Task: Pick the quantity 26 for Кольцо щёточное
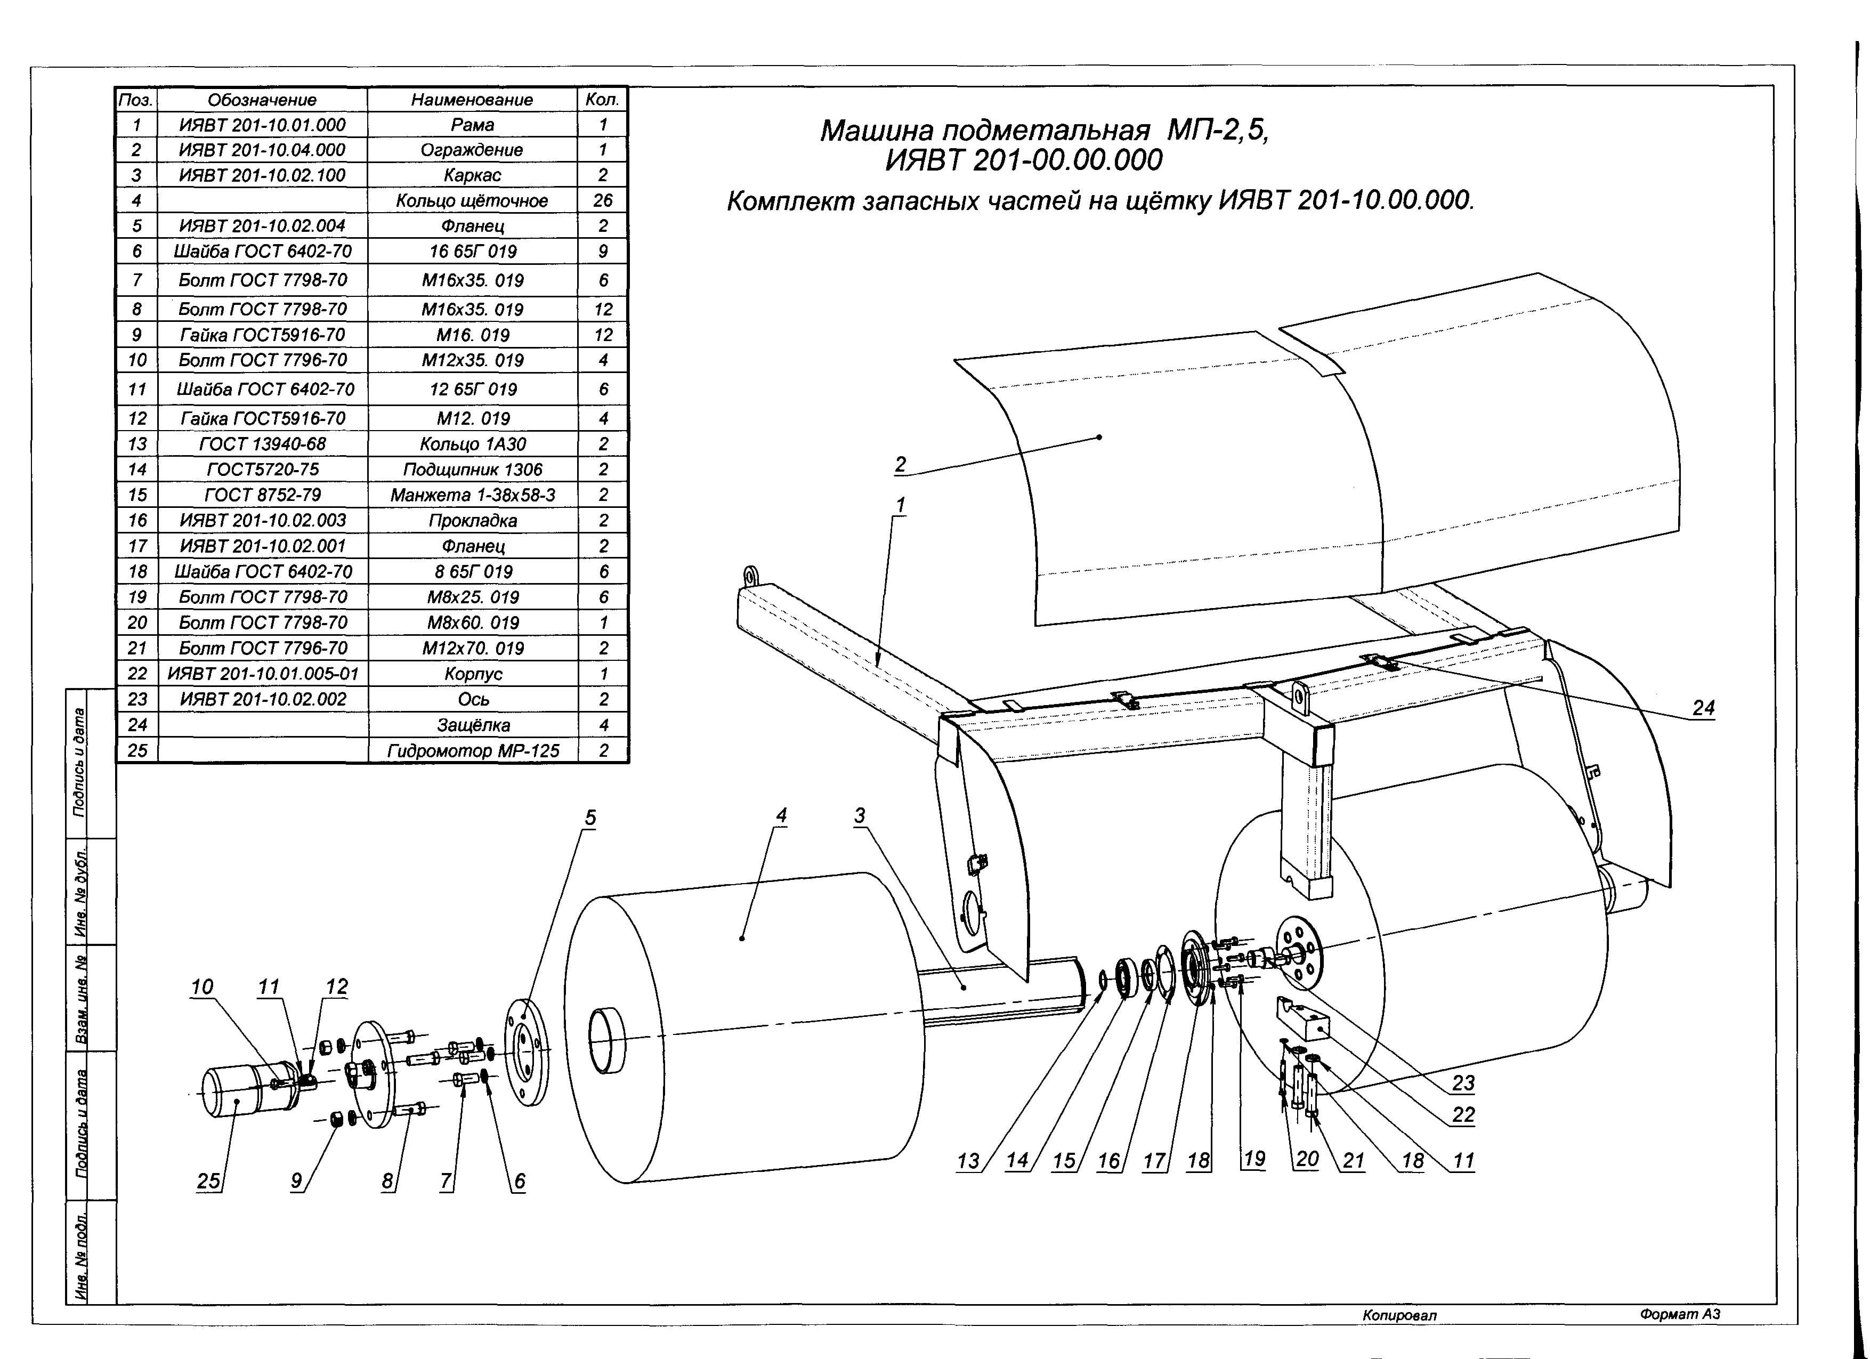tap(603, 200)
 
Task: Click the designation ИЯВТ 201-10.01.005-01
tap(263, 674)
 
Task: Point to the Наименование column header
tap(473, 100)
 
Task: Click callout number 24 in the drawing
tap(1703, 708)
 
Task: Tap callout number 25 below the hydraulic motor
tap(208, 1181)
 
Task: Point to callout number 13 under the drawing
tap(967, 1161)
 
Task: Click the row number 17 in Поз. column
tap(137, 546)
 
